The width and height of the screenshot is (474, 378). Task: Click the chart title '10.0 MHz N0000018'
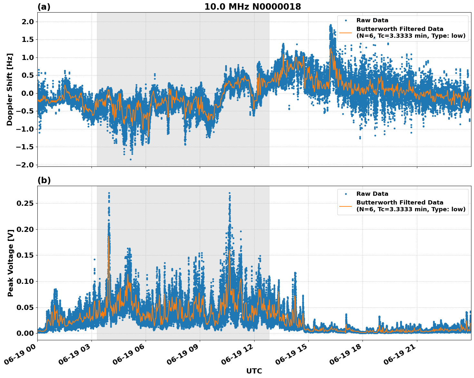click(x=252, y=7)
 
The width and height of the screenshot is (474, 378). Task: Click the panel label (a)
click(x=44, y=7)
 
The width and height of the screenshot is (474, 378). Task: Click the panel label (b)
click(x=44, y=180)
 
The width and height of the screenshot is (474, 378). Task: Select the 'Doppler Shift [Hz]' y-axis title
click(x=10, y=89)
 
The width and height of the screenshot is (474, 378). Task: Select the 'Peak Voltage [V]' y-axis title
click(x=11, y=263)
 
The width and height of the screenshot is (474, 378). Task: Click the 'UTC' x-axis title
click(x=254, y=371)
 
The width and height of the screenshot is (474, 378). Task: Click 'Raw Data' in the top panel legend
click(x=372, y=20)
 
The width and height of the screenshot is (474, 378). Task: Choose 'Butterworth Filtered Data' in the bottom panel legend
click(x=400, y=203)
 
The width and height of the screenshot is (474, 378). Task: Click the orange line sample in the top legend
click(x=345, y=33)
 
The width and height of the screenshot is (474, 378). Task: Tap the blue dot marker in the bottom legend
click(x=345, y=194)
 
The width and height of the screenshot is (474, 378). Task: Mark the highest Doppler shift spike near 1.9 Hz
click(x=330, y=25)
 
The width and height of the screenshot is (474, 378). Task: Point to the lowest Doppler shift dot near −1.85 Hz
click(x=131, y=159)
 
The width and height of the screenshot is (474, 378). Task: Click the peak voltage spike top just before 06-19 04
click(x=109, y=193)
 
